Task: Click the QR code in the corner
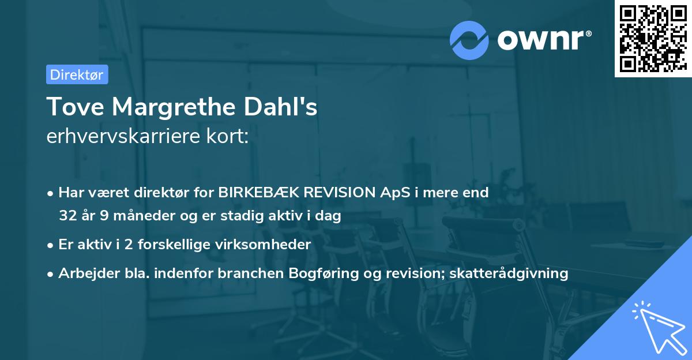[653, 38]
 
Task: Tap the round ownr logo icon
[469, 40]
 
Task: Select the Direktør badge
[77, 74]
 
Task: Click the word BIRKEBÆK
[262, 192]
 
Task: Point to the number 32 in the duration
[67, 216]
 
